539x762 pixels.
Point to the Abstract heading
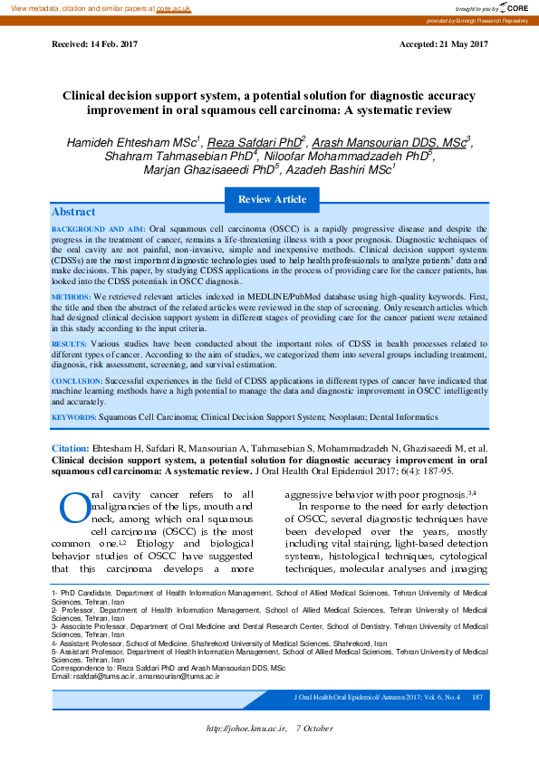[x=73, y=212]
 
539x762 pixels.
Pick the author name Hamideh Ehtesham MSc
[x=132, y=142]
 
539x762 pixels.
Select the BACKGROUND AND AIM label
[x=98, y=231]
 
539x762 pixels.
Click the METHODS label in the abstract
[x=71, y=297]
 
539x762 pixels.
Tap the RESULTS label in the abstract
[x=69, y=345]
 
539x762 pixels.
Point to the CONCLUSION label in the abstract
[x=76, y=382]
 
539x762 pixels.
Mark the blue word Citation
[x=70, y=449]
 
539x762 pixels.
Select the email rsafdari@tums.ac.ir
[x=100, y=676]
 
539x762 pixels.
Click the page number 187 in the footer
[x=476, y=697]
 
